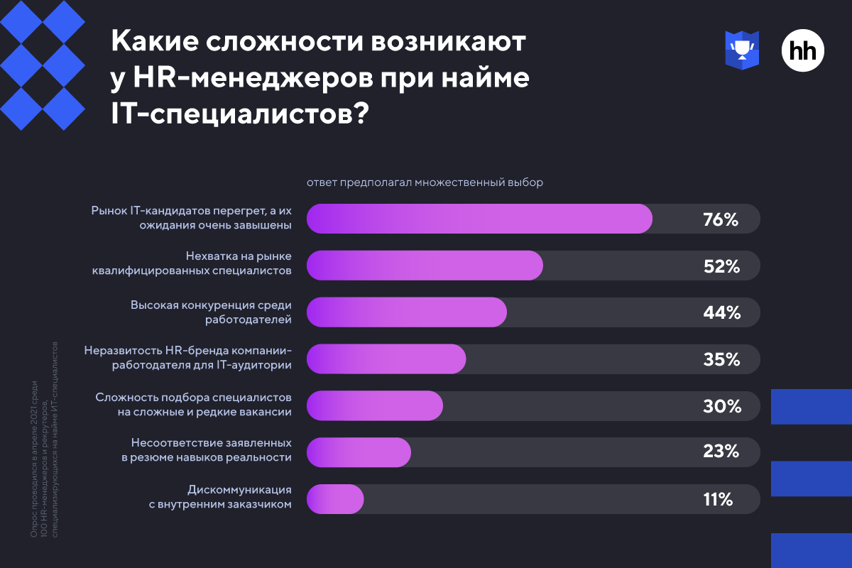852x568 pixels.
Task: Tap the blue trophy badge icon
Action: pos(742,50)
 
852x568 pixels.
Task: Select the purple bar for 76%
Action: pos(479,219)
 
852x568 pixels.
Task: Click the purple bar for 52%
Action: pos(425,265)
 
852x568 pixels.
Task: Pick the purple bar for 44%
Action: pos(407,312)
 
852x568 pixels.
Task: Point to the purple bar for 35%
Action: pos(386,359)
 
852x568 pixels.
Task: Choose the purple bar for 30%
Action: pos(375,405)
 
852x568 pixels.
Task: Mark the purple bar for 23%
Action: pos(359,452)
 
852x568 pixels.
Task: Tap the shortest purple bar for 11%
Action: pos(335,499)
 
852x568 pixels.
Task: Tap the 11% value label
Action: pos(718,499)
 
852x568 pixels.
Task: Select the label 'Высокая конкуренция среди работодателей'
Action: pos(211,312)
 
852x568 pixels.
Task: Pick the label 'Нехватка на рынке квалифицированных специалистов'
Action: pos(192,263)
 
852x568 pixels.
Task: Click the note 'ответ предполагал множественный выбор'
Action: pos(425,182)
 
